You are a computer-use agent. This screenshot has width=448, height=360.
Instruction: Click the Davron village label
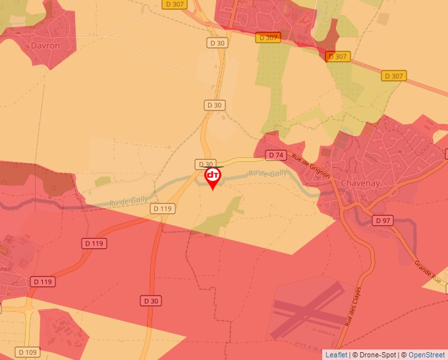click(x=45, y=46)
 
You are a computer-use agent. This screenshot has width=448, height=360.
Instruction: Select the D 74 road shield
click(x=275, y=155)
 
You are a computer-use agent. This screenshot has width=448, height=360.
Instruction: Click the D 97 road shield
click(x=381, y=220)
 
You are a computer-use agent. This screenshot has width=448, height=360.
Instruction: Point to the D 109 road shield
click(x=28, y=352)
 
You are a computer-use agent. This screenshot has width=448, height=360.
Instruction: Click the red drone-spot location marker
click(x=213, y=177)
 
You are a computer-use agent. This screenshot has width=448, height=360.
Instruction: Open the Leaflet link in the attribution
click(x=336, y=355)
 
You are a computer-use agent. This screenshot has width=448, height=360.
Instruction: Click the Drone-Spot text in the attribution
click(x=378, y=355)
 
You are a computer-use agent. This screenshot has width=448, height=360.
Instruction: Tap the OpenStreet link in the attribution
click(x=427, y=355)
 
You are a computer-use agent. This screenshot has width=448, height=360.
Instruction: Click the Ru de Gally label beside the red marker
click(x=267, y=173)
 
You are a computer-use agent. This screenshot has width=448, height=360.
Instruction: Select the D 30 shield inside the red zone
click(x=151, y=301)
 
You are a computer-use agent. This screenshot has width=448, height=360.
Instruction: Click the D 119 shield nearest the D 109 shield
click(x=42, y=282)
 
